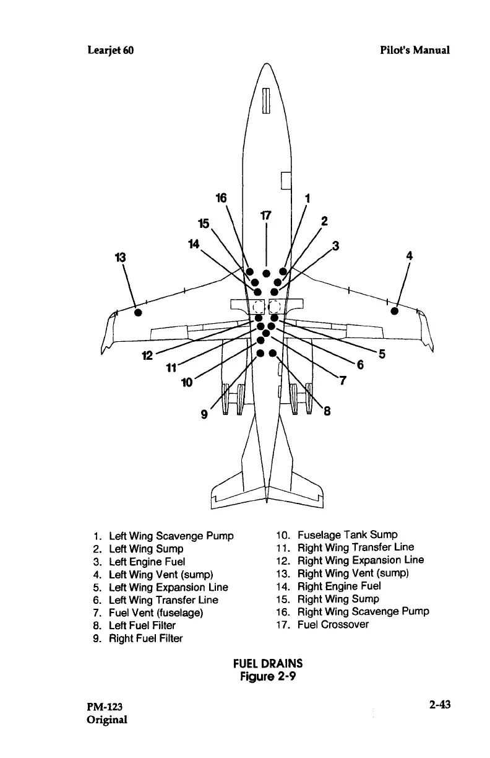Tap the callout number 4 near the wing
[x=409, y=255]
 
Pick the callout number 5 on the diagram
[x=382, y=354]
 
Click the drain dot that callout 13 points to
[x=139, y=311]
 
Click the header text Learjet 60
[x=109, y=50]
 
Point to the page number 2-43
[x=437, y=707]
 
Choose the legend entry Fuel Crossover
[x=332, y=624]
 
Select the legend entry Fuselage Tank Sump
[x=347, y=534]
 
